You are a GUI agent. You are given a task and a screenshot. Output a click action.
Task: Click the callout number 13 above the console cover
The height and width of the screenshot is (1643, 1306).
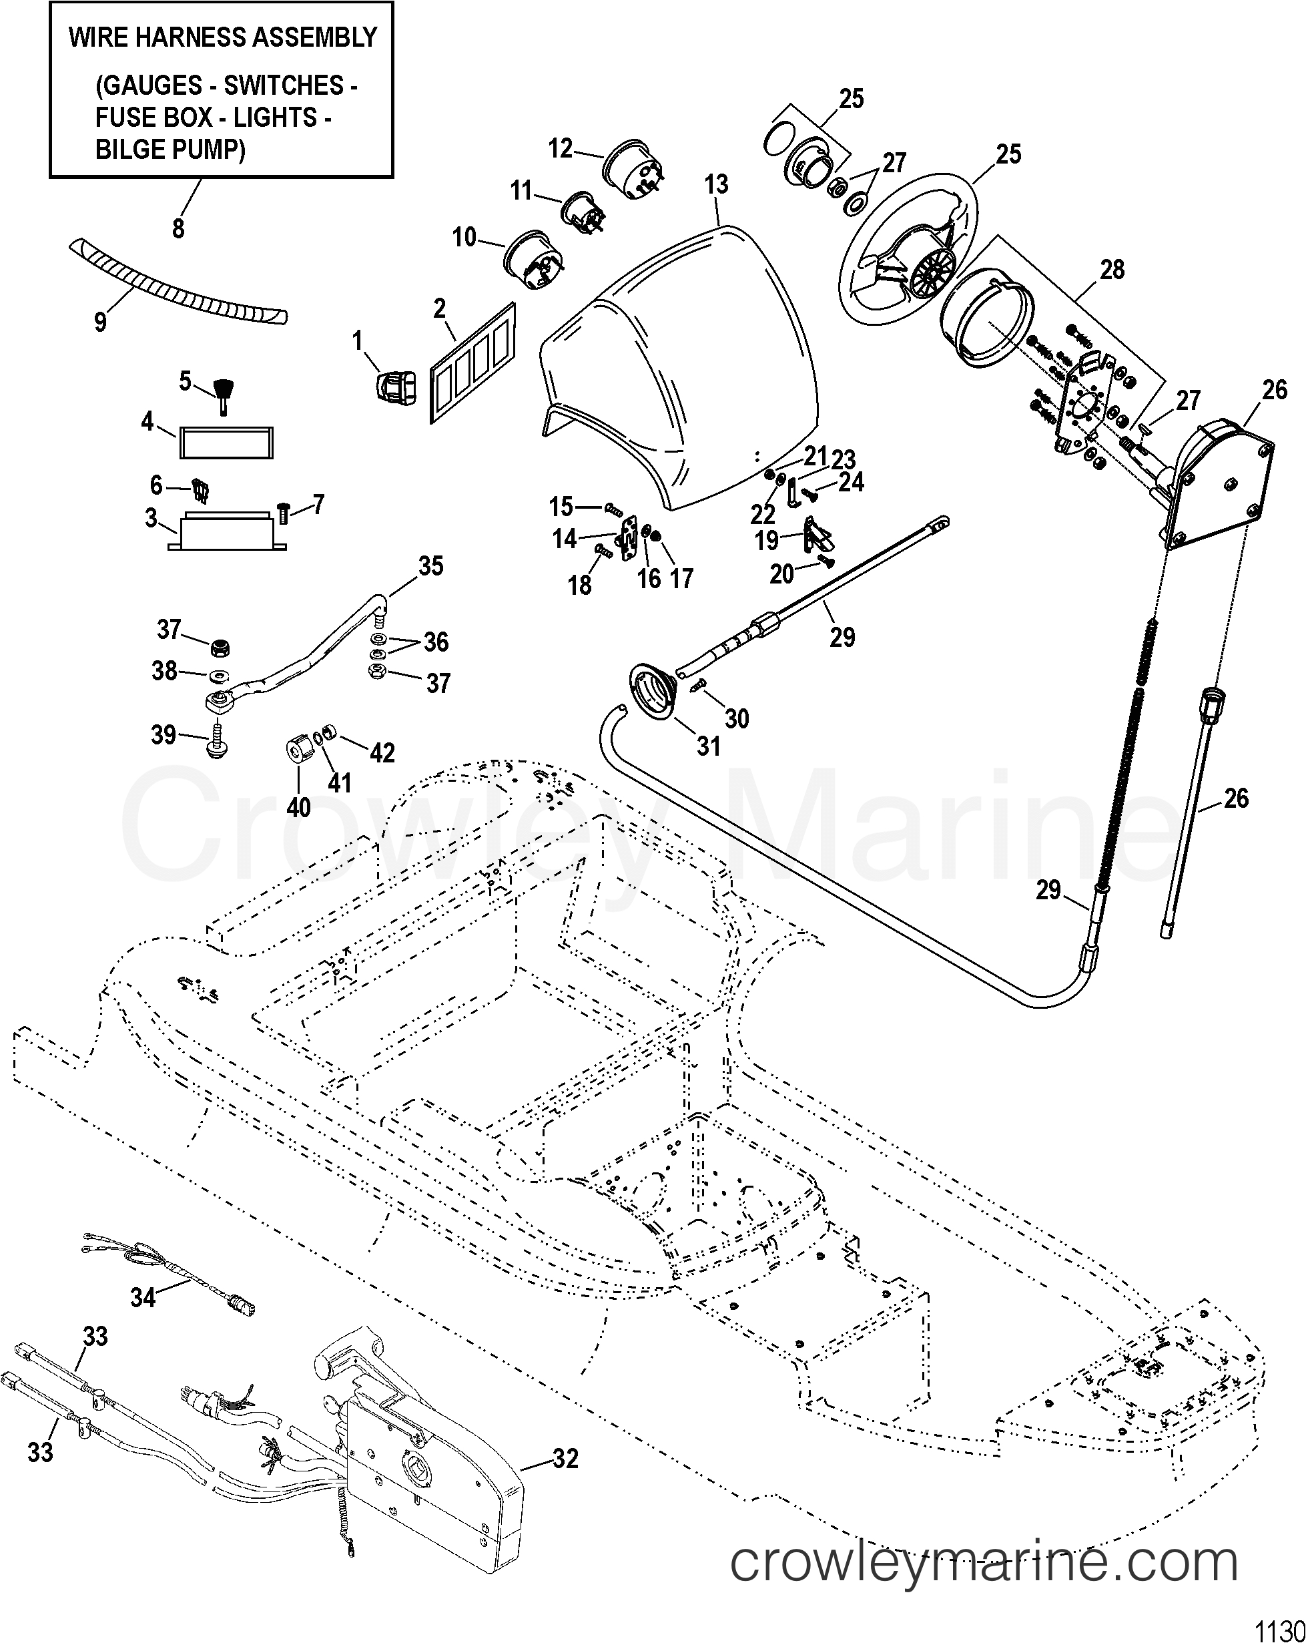716,184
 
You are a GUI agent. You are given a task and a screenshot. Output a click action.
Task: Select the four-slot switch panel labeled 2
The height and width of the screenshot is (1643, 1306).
472,362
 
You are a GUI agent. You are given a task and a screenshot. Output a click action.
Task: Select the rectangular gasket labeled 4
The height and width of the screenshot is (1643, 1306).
226,442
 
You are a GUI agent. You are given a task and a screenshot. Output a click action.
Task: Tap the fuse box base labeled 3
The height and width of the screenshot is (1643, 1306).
227,533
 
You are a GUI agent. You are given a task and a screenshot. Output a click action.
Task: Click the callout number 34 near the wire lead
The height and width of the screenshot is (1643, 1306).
143,1297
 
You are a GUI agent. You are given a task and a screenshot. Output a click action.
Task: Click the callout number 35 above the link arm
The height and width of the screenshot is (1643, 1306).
430,565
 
